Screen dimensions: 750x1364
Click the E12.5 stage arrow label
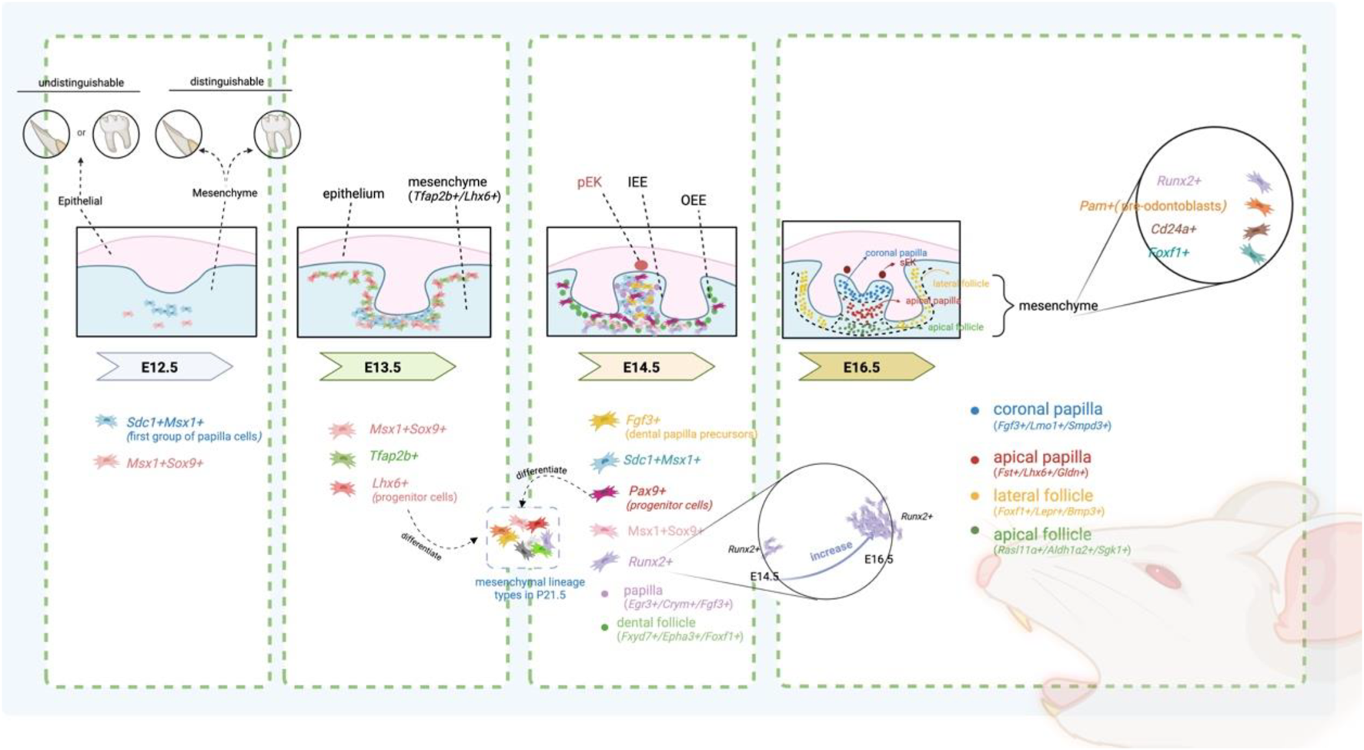click(x=160, y=367)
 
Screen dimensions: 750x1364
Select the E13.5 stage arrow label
click(x=383, y=367)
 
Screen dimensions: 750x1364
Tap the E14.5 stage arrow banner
click(x=642, y=367)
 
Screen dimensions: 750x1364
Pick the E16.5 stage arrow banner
click(x=862, y=367)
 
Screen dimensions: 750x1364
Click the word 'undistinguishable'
click(x=81, y=82)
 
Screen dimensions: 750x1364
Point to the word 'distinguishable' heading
click(x=227, y=81)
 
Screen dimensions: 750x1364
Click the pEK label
click(x=590, y=182)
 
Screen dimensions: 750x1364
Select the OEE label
click(x=693, y=200)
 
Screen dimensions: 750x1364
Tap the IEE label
click(x=637, y=182)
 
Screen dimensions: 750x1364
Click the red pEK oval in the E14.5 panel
click(x=640, y=266)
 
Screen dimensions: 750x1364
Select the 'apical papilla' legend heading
click(x=1042, y=457)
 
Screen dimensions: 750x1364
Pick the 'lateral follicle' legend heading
click(x=1043, y=496)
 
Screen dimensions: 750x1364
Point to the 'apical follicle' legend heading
click(x=1042, y=534)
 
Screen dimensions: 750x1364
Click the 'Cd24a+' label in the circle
click(x=1173, y=229)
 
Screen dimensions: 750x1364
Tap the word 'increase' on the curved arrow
click(x=831, y=551)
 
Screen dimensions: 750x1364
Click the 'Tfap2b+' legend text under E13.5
click(x=393, y=456)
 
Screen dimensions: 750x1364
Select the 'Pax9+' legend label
click(x=647, y=491)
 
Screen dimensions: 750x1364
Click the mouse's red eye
click(x=1156, y=573)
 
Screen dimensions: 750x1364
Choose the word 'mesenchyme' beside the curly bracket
click(x=1058, y=306)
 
